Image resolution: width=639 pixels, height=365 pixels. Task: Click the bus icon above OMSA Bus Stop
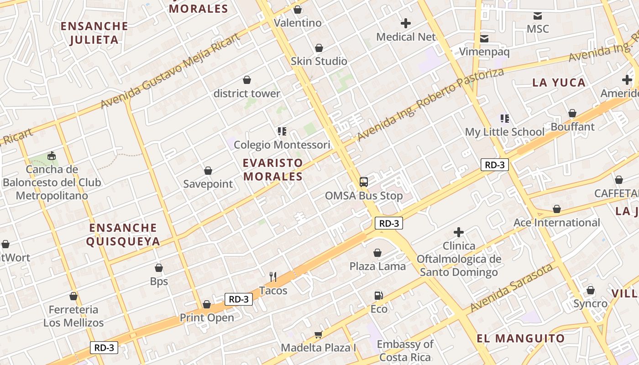[364, 182]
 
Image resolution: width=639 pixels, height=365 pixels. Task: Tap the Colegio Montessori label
[282, 145]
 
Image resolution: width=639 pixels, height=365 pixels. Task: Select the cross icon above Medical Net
[406, 23]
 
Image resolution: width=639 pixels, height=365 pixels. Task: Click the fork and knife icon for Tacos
[273, 276]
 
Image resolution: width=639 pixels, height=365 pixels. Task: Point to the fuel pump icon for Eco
[378, 296]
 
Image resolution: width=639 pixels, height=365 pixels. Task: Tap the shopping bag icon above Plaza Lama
[377, 253]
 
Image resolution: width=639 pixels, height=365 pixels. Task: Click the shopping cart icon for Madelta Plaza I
[319, 334]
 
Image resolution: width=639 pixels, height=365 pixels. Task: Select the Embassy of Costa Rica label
[405, 350]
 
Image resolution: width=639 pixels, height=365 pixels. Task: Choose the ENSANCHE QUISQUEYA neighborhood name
[123, 235]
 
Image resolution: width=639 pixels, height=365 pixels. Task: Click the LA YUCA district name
[559, 83]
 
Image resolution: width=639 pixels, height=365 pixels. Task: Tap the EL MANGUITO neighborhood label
[521, 339]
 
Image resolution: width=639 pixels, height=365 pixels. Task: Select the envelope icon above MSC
[538, 16]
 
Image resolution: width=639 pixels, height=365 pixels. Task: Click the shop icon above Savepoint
[208, 171]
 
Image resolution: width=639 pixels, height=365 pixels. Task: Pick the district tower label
[247, 94]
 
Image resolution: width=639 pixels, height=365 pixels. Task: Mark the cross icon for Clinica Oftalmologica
[459, 233]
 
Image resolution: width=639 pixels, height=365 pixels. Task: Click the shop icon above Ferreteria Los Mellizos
[73, 297]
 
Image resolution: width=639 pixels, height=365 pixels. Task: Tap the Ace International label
[557, 223]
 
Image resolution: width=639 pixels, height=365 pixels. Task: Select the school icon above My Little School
[505, 119]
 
